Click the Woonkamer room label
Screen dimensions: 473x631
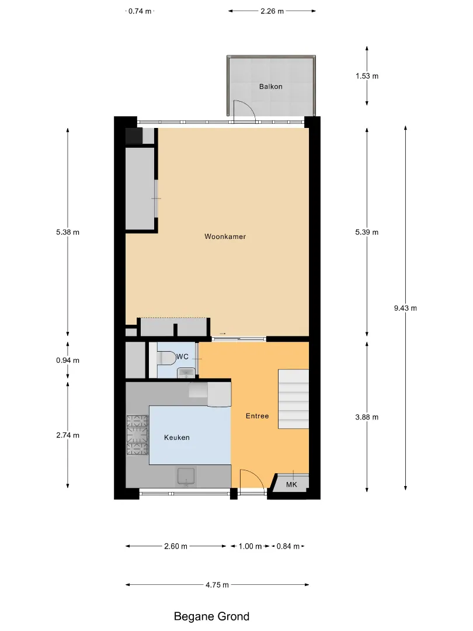(x=225, y=237)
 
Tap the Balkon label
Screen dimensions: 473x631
(x=271, y=86)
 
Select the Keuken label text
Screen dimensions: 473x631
(x=176, y=438)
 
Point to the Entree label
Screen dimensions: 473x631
(x=257, y=416)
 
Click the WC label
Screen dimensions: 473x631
(x=182, y=356)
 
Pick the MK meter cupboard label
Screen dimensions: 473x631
(x=291, y=484)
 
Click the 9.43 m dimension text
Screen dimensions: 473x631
(x=405, y=308)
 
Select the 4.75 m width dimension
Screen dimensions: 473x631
(x=217, y=585)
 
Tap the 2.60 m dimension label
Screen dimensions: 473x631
(x=176, y=546)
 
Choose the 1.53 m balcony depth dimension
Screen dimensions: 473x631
(x=367, y=76)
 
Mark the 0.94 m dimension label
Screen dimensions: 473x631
(x=68, y=360)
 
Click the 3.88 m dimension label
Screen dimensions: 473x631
(x=367, y=417)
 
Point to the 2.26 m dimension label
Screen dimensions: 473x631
(x=272, y=11)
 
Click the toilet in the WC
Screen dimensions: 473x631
(x=166, y=358)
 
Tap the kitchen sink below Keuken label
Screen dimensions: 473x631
(x=186, y=476)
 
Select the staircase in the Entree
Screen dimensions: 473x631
(x=294, y=399)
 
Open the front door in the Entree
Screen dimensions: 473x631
(x=252, y=479)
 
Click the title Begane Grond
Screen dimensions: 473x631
(x=211, y=616)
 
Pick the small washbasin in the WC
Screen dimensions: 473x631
(x=186, y=373)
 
